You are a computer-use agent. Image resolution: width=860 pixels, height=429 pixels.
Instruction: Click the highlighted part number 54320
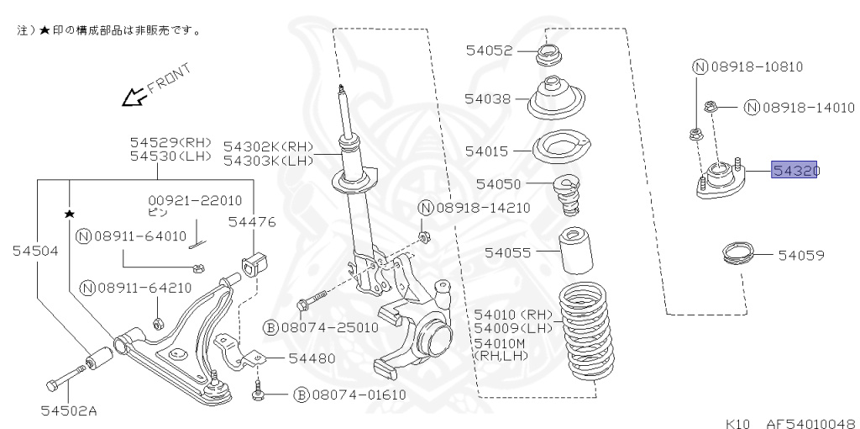pos(795,172)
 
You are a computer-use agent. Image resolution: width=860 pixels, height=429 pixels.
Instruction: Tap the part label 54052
pos(489,50)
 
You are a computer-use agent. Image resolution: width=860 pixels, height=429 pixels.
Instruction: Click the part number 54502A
pos(68,410)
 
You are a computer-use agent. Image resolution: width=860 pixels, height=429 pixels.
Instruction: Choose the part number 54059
pos(800,254)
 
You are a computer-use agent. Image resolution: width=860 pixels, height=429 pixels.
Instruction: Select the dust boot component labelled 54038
pos(556,99)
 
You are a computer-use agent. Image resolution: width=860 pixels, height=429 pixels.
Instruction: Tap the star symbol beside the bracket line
pos(69,214)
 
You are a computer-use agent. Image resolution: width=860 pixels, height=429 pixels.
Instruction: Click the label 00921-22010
pos(195,200)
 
